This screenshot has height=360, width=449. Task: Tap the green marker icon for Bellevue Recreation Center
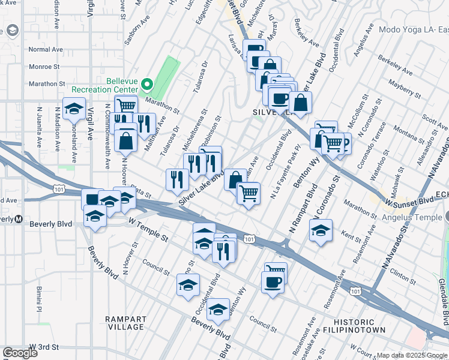[x=146, y=85]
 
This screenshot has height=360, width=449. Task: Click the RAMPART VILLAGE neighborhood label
[x=125, y=323]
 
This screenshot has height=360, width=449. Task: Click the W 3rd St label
[x=46, y=347]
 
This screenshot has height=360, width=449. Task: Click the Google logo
[x=20, y=353]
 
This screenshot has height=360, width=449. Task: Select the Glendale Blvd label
[x=442, y=300]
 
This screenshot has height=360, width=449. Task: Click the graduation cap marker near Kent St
[x=321, y=230]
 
